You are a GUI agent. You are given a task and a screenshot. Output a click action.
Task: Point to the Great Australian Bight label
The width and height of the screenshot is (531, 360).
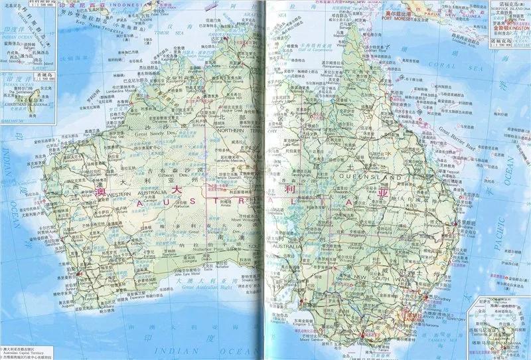(x=198, y=286)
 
